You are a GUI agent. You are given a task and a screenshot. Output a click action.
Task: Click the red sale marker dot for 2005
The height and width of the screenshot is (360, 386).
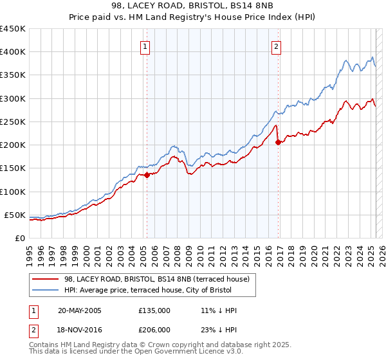click(x=147, y=174)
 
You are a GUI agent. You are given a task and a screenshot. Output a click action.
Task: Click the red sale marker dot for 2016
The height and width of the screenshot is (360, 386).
click(x=278, y=142)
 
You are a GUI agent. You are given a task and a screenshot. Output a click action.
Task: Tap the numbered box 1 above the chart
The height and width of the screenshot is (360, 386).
click(x=145, y=46)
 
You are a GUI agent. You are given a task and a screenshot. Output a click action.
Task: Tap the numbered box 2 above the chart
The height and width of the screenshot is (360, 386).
click(x=276, y=46)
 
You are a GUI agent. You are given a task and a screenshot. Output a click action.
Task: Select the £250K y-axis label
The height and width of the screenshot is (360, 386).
click(x=13, y=122)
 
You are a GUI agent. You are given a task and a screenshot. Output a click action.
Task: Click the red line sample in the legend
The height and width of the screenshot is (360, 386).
click(x=45, y=280)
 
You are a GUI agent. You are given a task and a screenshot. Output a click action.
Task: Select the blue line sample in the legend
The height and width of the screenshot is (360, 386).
click(x=45, y=291)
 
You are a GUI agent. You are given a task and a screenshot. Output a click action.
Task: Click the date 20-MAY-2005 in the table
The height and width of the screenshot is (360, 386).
click(x=80, y=310)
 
